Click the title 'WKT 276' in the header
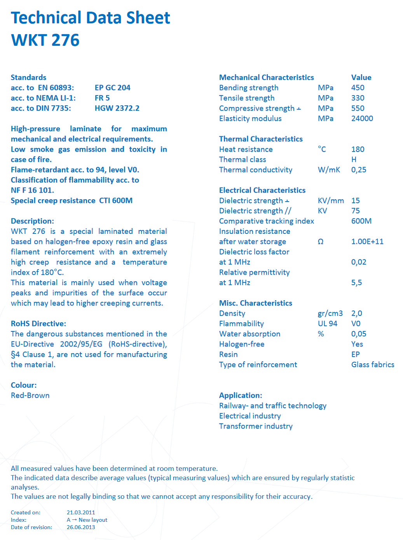[45, 40]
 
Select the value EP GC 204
[112, 88]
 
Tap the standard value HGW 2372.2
[117, 108]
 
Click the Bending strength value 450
[358, 88]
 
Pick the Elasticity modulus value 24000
[362, 118]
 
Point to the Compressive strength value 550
[358, 108]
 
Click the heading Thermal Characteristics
[261, 139]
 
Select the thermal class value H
[354, 160]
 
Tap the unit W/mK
[329, 170]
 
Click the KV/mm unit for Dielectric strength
[331, 201]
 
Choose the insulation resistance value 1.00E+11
[367, 242]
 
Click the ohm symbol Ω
[321, 242]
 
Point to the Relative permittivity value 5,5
[356, 283]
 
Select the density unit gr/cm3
[330, 314]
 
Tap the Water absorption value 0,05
[359, 334]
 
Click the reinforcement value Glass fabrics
[373, 365]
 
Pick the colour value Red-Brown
[30, 395]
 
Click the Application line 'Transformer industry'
[256, 426]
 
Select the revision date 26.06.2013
[81, 527]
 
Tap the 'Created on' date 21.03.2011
[81, 512]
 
